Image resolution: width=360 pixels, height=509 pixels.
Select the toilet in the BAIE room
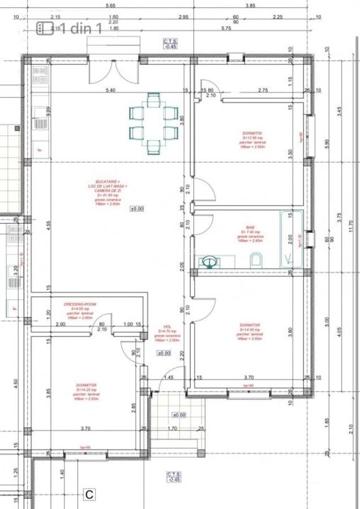[x=255, y=260]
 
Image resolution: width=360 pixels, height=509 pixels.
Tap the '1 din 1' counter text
[x=80, y=28]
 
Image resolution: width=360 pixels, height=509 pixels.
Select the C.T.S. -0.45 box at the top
[x=170, y=44]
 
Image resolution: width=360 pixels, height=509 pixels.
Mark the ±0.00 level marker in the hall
[x=164, y=353]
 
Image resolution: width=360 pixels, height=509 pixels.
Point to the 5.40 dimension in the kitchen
[x=110, y=90]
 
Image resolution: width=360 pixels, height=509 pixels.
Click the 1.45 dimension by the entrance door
[x=168, y=377]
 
